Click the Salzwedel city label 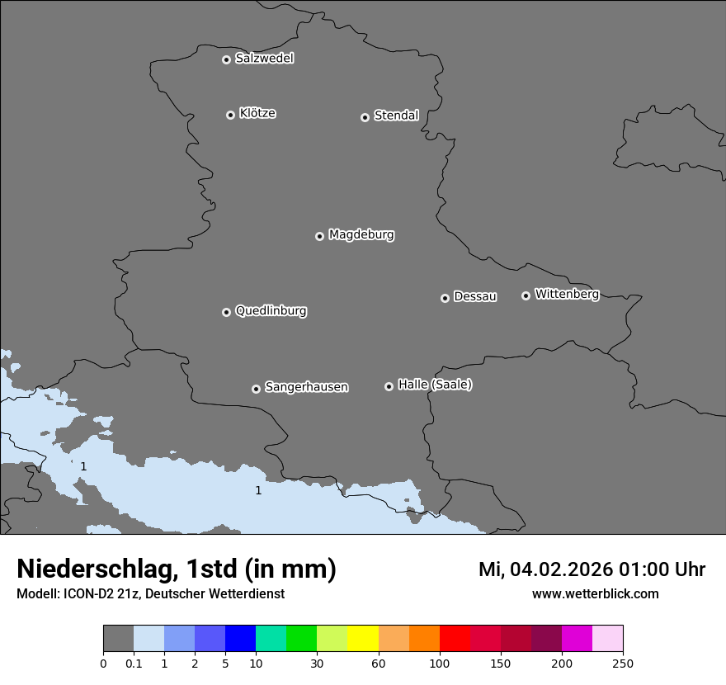(x=264, y=59)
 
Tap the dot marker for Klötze (x=230, y=115)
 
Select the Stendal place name (x=396, y=116)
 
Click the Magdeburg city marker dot (x=319, y=236)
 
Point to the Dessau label (x=475, y=296)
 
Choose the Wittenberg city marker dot (x=526, y=295)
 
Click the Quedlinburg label (x=271, y=311)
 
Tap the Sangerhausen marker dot (x=256, y=389)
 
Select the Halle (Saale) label (x=435, y=385)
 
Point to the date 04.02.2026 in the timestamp (x=561, y=569)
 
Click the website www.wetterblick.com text (x=595, y=594)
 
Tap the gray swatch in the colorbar (x=118, y=639)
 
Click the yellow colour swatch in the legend (x=363, y=639)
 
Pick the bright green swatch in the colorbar (x=301, y=639)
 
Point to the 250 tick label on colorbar (x=623, y=664)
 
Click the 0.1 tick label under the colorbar (x=134, y=664)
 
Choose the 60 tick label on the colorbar (x=379, y=664)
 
